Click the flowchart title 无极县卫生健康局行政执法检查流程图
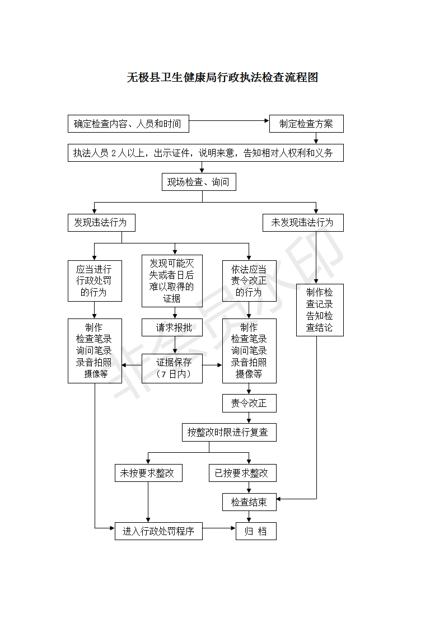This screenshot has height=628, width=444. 222,78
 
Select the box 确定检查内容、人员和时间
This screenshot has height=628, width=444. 128,124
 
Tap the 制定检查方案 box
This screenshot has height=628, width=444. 306,124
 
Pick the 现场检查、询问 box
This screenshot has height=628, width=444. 198,182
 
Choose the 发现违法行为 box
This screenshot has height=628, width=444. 101,222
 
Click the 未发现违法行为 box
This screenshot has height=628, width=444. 303,222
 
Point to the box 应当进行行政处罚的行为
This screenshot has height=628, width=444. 95,280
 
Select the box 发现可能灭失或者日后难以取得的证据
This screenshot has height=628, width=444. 172,280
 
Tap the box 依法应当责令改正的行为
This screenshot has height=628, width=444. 249,280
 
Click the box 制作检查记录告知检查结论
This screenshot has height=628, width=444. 320,310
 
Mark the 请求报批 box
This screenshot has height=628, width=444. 172,327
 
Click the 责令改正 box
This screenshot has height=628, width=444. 249,403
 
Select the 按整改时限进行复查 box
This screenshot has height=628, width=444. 229,432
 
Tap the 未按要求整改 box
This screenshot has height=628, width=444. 148,473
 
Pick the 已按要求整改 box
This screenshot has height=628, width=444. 242,473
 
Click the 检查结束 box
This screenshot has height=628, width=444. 249,502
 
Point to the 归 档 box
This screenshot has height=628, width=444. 256,531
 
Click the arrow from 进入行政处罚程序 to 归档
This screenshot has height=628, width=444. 219,528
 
